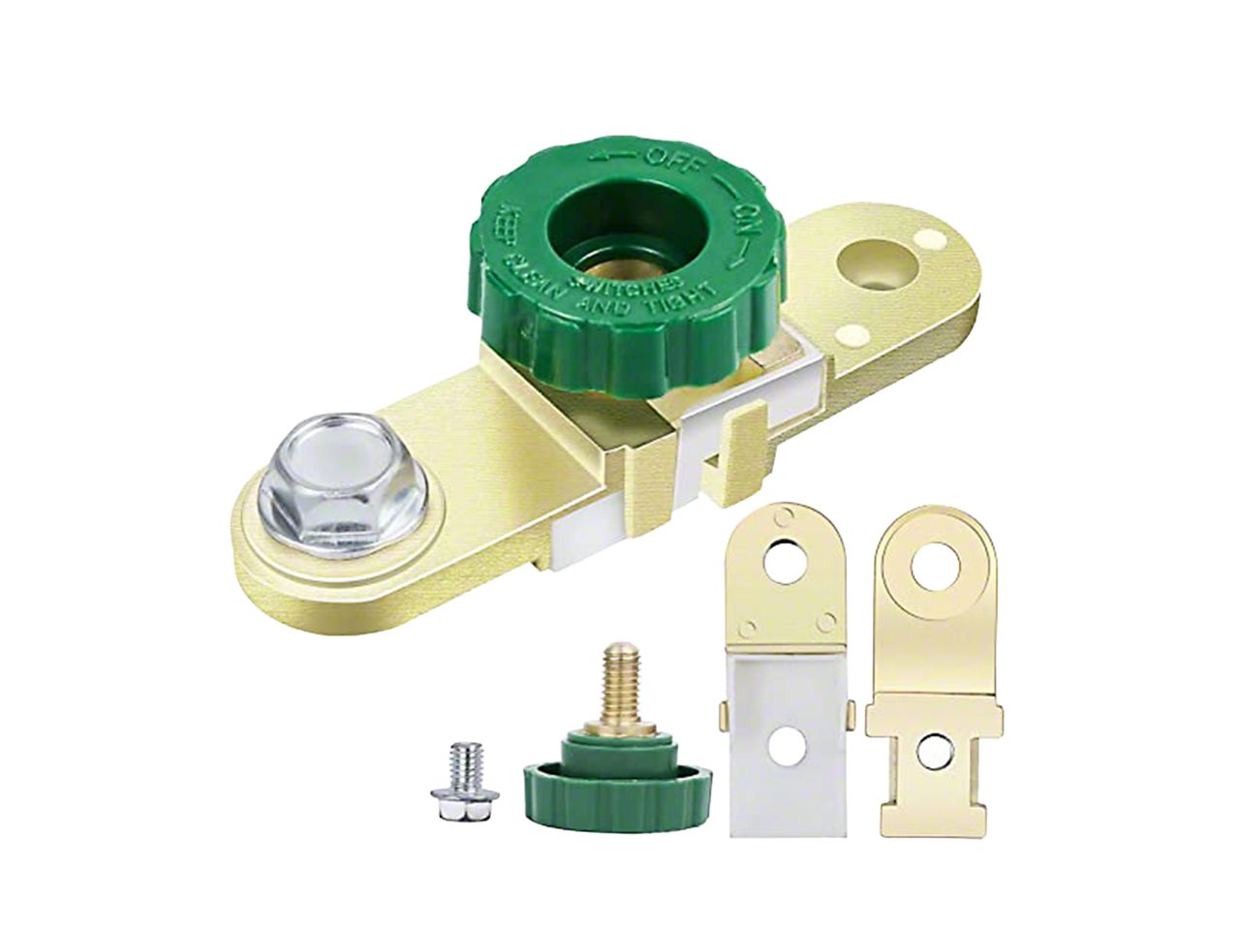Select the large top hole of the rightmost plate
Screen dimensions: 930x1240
pyautogui.click(x=935, y=563)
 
